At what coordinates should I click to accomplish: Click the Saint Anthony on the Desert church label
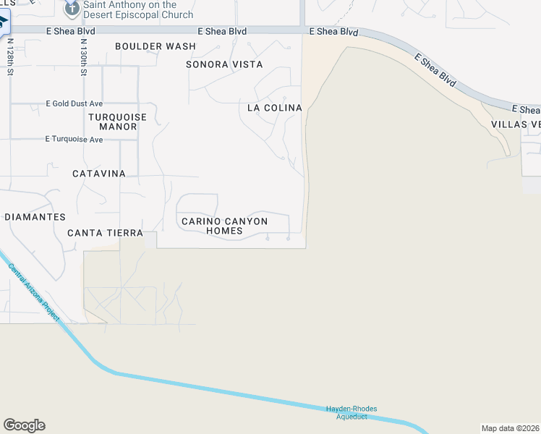(137, 10)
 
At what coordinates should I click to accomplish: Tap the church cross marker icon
(72, 9)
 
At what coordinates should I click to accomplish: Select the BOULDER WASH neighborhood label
(156, 46)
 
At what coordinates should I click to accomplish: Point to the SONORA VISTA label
(224, 64)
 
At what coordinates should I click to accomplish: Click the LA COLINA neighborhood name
(274, 108)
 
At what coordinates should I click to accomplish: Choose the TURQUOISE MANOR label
(117, 122)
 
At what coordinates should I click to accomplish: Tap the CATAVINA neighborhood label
(99, 174)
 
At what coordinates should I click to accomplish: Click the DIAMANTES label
(35, 217)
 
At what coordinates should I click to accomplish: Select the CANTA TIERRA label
(101, 233)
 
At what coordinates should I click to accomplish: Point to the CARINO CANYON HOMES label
(224, 226)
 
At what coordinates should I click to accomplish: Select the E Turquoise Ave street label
(74, 139)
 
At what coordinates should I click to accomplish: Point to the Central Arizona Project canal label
(35, 293)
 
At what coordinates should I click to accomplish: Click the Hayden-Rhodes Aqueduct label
(352, 412)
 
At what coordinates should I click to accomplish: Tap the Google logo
(24, 425)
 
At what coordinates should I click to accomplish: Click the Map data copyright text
(511, 428)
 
